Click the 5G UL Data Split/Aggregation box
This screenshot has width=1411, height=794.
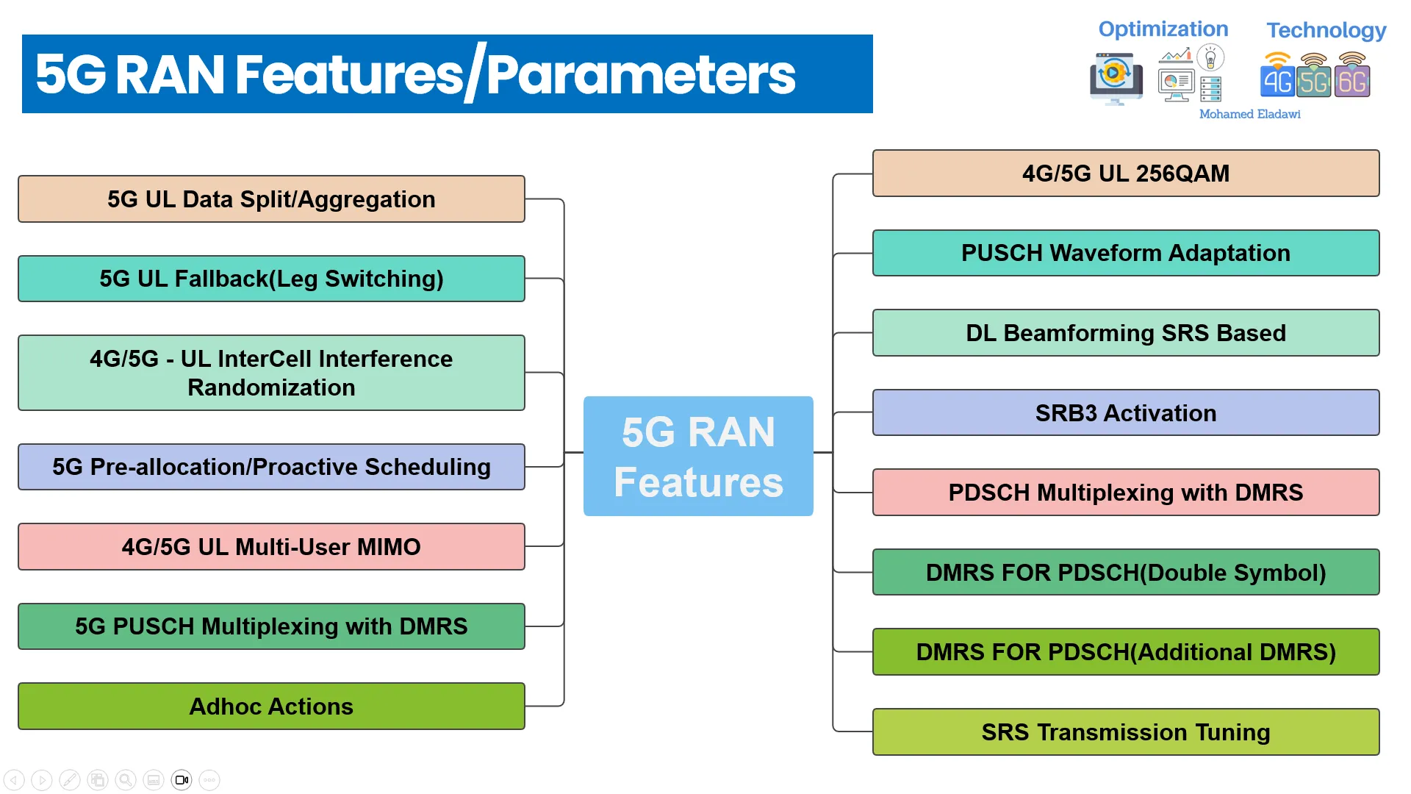tap(271, 198)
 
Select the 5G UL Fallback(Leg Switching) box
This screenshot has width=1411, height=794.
tap(271, 279)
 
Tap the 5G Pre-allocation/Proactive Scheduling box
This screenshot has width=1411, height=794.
tap(271, 467)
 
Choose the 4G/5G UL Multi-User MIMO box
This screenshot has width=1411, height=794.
tap(271, 546)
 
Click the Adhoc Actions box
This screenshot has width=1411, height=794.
tap(271, 707)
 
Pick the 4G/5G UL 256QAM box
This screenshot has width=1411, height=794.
tap(1126, 174)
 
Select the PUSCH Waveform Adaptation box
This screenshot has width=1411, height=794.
tap(1126, 253)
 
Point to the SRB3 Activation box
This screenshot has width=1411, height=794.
tap(1126, 412)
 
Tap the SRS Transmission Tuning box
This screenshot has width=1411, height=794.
tap(1126, 732)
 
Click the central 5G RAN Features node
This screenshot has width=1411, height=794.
tap(698, 456)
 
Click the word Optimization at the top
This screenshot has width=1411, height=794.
tap(1163, 29)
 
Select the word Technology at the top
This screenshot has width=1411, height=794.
tap(1326, 30)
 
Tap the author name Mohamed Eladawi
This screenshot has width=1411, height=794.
tap(1249, 114)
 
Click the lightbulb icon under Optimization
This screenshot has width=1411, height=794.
tap(1210, 57)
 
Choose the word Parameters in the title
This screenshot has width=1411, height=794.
tap(641, 74)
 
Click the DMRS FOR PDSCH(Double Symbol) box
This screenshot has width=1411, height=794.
tap(1126, 572)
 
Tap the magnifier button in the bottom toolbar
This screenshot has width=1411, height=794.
tap(126, 779)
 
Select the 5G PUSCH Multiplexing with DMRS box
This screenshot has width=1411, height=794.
tap(271, 626)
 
